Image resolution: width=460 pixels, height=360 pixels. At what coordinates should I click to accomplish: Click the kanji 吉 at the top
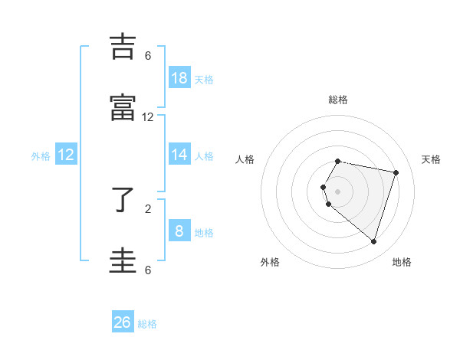pos(123,47)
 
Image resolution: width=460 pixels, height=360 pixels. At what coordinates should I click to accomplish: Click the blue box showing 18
pos(179,77)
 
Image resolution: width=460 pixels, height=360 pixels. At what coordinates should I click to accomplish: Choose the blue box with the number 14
pos(179,155)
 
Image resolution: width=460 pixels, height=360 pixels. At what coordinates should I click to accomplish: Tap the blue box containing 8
pos(179,231)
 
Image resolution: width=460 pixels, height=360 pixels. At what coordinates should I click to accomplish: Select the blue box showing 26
pos(123,322)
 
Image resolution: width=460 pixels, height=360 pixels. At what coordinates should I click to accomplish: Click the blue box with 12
pos(66,155)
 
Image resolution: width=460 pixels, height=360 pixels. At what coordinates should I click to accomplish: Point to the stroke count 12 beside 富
pos(148,117)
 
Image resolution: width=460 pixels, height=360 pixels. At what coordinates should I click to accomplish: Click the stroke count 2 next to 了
pos(148,208)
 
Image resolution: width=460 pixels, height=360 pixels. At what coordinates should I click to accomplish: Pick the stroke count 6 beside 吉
pos(148,56)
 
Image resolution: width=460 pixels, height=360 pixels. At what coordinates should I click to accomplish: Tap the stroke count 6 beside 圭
pos(148,270)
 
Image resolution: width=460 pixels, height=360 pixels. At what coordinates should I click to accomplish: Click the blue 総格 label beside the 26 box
pos(148,324)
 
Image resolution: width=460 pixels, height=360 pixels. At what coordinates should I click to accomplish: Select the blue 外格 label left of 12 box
pos(41,156)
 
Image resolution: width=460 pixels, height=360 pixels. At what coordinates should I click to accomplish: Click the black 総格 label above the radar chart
pos(338,100)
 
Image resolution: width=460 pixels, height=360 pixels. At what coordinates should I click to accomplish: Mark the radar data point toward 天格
pos(396,172)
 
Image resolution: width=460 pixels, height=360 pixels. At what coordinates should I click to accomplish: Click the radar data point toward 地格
pos(373,242)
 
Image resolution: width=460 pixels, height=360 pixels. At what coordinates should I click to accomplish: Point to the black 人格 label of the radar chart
pos(245,159)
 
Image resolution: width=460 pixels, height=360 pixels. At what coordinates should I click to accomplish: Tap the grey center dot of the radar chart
pos(338,191)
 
